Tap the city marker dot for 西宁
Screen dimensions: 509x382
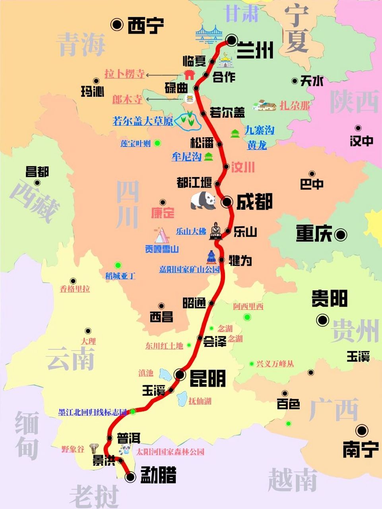117,25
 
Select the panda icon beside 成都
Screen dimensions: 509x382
203,200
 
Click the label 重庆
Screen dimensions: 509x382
314,234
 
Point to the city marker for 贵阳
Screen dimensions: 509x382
322,320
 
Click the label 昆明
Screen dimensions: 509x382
207,378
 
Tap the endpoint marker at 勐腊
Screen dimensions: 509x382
130,477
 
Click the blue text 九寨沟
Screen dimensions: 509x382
259,130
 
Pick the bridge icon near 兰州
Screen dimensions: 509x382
209,35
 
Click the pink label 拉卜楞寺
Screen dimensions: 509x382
124,74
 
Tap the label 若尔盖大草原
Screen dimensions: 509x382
143,121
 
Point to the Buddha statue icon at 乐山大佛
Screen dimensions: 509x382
215,231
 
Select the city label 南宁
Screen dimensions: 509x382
360,449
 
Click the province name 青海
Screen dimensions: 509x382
82,44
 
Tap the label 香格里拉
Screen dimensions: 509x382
75,289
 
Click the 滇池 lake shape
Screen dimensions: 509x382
166,374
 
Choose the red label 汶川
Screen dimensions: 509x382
242,167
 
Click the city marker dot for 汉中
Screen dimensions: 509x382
358,128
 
